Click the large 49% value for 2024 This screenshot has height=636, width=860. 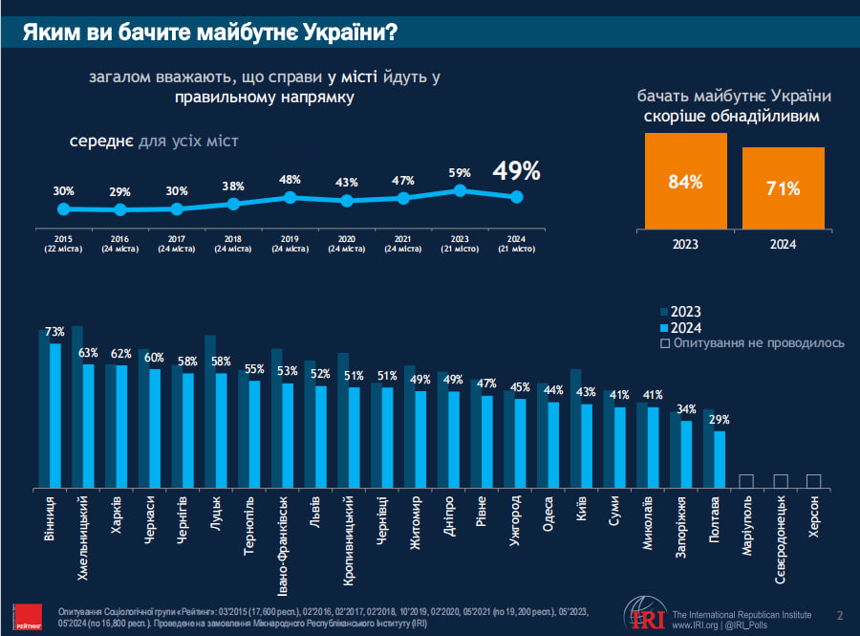(x=517, y=171)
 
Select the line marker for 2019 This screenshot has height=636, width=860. (x=290, y=197)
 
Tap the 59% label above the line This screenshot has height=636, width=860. (x=460, y=173)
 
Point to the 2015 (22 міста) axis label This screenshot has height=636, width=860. (x=64, y=242)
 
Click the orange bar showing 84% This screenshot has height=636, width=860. (x=686, y=181)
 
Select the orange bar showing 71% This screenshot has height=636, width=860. (x=783, y=188)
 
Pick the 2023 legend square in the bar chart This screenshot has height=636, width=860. (x=665, y=311)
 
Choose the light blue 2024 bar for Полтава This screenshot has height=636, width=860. (x=720, y=459)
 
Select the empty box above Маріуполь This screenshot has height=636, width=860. (x=746, y=480)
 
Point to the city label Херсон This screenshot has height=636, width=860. (x=813, y=517)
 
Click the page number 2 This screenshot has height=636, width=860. (x=839, y=614)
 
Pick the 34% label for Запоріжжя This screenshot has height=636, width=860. (x=685, y=410)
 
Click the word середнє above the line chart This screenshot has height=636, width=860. (x=101, y=142)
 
